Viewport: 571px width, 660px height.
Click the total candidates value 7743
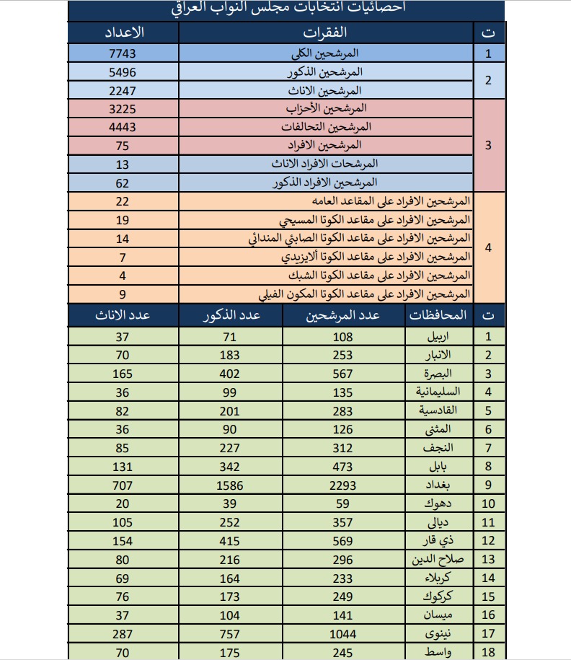122,53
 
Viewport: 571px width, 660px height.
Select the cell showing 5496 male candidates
122,72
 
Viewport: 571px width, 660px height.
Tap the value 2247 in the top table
122,90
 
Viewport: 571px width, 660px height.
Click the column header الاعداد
122,32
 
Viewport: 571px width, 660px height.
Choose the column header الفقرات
327,32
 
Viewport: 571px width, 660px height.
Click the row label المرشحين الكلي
329,53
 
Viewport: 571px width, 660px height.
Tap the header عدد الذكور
230,315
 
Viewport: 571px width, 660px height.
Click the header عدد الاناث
122,315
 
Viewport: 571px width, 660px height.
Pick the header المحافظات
438,315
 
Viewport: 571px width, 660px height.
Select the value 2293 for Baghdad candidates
342,485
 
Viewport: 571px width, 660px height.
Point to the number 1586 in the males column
230,485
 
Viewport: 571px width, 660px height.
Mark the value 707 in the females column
122,485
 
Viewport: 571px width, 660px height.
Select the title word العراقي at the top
194,8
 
